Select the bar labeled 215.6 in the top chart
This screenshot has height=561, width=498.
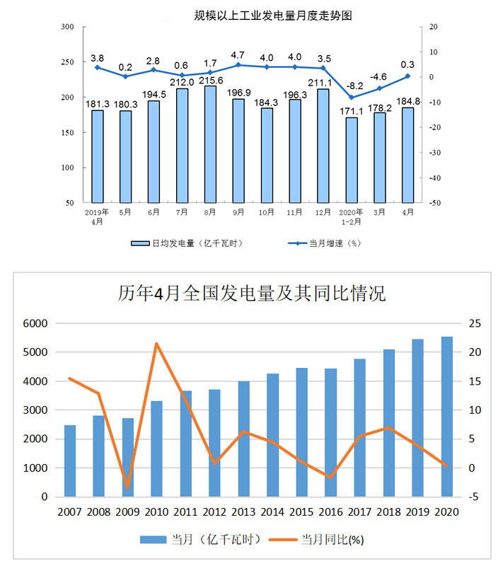pos(210,144)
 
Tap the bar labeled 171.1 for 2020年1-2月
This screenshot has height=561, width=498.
pos(352,160)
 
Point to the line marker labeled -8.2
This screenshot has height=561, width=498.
pos(352,98)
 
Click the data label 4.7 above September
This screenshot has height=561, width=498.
pos(238,54)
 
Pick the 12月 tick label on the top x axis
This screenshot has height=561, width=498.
pos(323,212)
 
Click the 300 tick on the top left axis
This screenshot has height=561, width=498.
pos(68,27)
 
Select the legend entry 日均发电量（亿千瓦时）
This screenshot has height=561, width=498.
pos(187,243)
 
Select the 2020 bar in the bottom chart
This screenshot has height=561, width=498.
pos(447,417)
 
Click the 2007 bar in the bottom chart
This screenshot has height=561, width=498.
pos(70,461)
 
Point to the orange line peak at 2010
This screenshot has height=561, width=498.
pos(156,344)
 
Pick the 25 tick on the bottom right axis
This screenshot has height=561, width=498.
pos(475,323)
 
